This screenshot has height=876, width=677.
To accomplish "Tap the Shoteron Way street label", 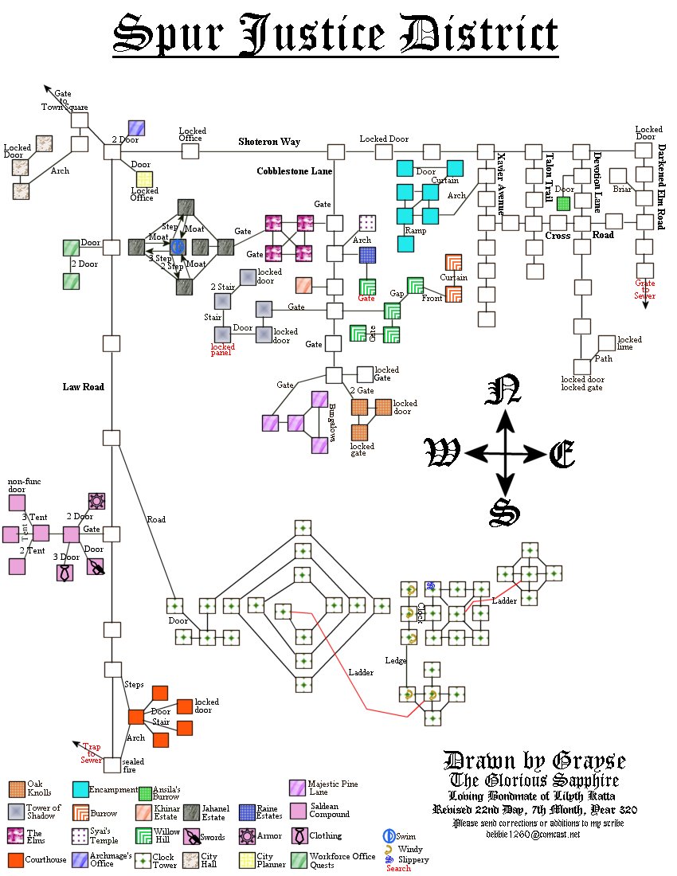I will (269, 142).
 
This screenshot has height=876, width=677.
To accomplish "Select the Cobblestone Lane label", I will (294, 171).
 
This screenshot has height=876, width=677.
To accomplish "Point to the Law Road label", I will (84, 387).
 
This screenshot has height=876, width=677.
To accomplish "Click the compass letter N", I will (503, 391).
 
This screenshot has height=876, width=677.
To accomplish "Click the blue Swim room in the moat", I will (178, 247).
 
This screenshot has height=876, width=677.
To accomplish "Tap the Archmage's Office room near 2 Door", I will (136, 127).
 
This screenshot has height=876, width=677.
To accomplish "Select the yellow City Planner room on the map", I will (144, 179).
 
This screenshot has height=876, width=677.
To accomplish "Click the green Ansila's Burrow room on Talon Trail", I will (563, 203).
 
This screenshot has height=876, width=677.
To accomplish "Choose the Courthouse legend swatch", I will (16, 860).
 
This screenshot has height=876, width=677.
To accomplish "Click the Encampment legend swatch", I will (80, 789).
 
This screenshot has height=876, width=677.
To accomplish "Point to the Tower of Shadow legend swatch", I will (16, 812).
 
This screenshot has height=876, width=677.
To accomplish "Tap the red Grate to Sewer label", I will (644, 289).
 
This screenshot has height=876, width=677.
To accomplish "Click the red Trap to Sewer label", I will (90, 753).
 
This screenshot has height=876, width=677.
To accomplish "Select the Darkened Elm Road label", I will (661, 187).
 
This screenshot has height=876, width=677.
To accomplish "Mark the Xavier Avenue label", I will (501, 183).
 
